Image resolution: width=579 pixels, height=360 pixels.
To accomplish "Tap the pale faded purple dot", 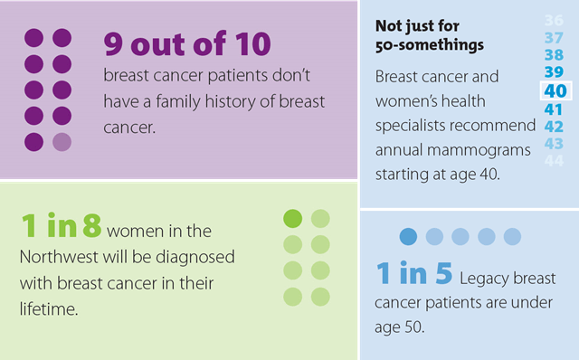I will coord(62,141).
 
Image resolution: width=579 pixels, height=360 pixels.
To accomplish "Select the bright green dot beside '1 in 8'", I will coord(293,218).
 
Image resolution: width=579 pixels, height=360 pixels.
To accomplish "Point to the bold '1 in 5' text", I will coord(413,275).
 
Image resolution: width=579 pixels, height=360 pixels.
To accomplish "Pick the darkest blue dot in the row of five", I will coord(409,236).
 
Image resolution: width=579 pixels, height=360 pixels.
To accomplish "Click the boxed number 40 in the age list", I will coord(554,90).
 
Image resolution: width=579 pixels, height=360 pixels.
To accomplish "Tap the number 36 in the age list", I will coord(554,21).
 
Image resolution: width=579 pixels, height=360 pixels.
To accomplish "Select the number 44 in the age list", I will coord(554,160).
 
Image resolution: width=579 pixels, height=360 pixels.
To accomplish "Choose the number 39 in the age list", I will coord(554,72).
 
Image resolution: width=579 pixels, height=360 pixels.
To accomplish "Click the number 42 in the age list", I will coord(554,126).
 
